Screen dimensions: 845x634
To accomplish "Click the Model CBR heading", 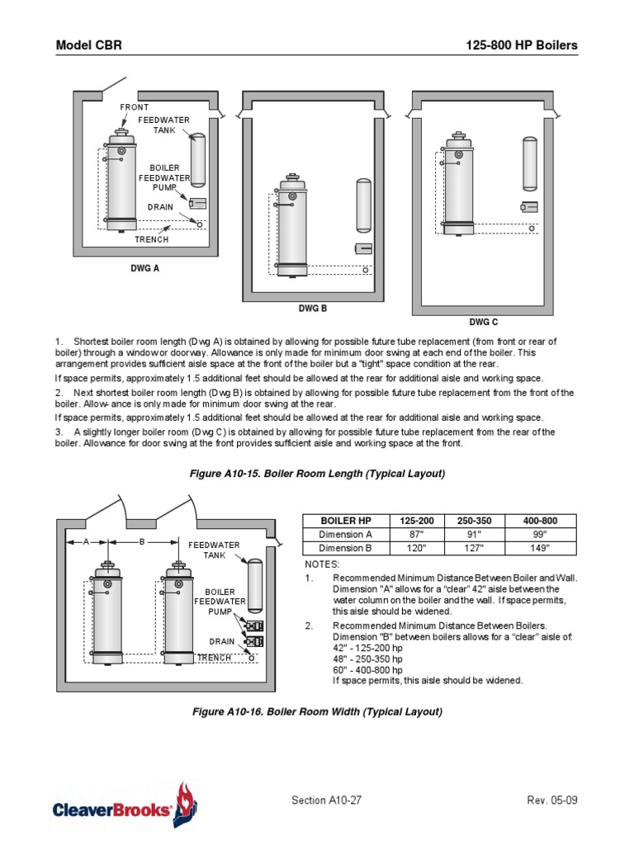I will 88,45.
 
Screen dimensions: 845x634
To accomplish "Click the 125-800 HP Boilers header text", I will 522,45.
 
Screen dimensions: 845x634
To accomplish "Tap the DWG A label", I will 144,267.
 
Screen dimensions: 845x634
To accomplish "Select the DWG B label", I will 313,308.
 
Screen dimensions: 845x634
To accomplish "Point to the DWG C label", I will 484,323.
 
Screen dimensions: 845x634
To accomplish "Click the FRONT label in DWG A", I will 135,108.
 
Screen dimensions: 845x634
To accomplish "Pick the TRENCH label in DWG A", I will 152,239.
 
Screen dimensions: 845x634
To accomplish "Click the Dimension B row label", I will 345,548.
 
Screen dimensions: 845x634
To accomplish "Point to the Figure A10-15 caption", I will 318,474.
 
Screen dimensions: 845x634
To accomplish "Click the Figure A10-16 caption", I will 318,711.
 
